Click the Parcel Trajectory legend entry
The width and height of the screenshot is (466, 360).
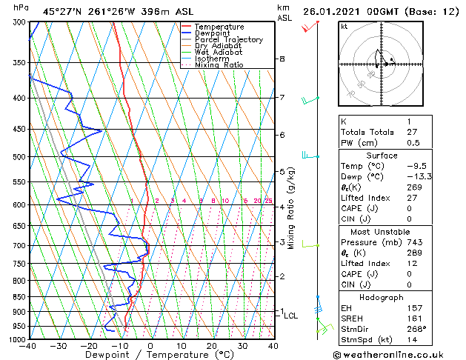(x=228, y=39)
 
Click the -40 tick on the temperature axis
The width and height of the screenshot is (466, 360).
(x=29, y=346)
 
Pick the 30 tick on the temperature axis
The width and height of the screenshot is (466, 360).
(x=242, y=346)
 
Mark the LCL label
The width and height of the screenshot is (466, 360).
(x=290, y=316)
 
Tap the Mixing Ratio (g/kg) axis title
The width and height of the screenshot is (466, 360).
(x=292, y=208)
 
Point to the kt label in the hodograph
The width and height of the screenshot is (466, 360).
(x=344, y=27)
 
